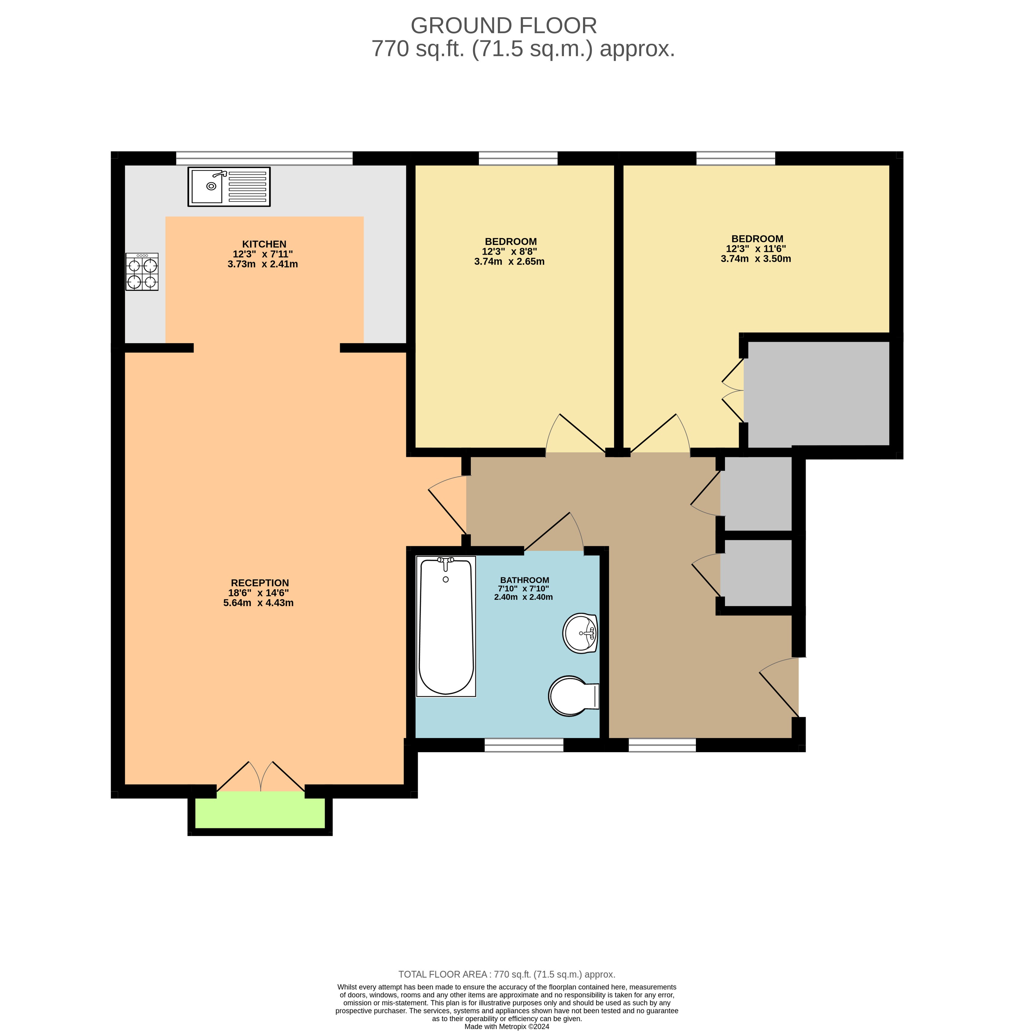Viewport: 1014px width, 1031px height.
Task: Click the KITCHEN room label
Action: (264, 244)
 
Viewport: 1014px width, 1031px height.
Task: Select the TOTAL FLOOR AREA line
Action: (507, 975)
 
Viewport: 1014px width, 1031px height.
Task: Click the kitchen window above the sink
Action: (264, 158)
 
